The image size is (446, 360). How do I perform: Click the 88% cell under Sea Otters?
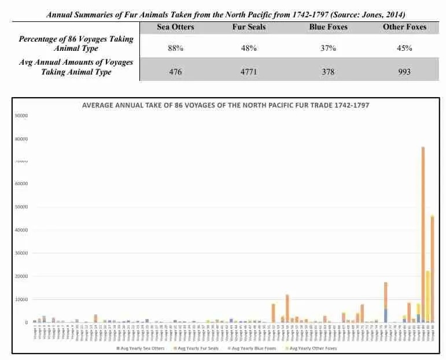(x=175, y=48)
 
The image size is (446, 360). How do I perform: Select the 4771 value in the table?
(x=252, y=72)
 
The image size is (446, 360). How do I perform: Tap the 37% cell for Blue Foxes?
(x=328, y=48)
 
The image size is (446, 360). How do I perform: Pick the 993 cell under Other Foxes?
(x=404, y=72)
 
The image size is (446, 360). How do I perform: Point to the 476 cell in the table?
(x=175, y=72)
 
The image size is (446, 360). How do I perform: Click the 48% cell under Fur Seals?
(x=252, y=48)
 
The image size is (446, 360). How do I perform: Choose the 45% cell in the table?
(x=404, y=48)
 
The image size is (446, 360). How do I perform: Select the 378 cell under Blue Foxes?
(x=328, y=72)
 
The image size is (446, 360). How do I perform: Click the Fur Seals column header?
(x=252, y=27)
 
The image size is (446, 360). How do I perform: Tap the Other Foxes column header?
(x=404, y=27)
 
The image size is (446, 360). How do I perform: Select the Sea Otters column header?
(x=175, y=27)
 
